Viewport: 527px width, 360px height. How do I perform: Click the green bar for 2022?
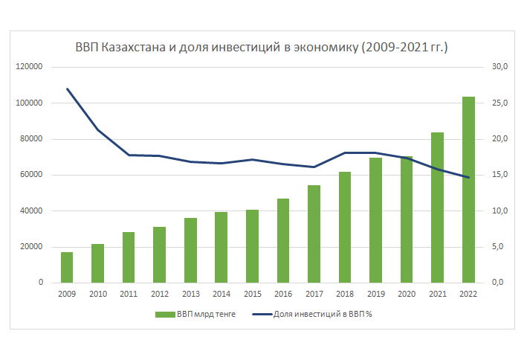click(468, 190)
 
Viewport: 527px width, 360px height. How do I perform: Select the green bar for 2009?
click(67, 267)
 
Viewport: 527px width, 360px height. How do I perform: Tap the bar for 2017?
click(314, 234)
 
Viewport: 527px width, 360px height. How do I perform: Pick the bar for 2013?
click(190, 250)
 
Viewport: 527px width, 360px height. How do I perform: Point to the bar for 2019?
click(375, 220)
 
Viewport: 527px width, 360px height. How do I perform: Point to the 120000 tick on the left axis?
click(29, 67)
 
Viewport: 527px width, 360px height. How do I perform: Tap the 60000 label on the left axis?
click(31, 175)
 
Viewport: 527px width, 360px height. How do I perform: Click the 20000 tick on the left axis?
click(31, 247)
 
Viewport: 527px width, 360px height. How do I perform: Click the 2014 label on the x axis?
click(221, 294)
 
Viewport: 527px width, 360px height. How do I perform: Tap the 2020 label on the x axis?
click(406, 294)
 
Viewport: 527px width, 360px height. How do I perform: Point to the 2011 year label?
click(129, 294)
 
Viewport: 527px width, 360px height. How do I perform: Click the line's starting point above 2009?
click(67, 89)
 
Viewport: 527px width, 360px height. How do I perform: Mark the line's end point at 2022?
click(468, 177)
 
